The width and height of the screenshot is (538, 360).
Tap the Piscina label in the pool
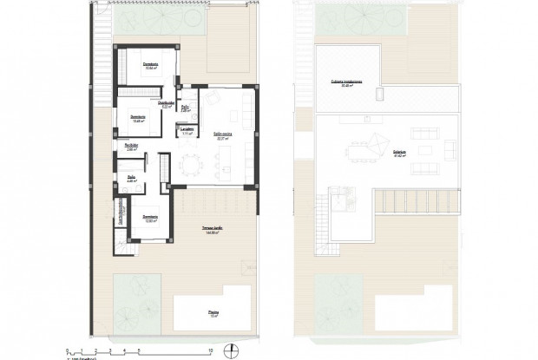point(213,313)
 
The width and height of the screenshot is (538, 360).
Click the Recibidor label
point(133,146)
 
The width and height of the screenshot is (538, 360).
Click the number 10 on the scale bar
point(210,350)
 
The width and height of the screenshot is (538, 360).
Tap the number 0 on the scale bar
point(68,350)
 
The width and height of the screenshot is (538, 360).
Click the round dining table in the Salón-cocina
point(190,163)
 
